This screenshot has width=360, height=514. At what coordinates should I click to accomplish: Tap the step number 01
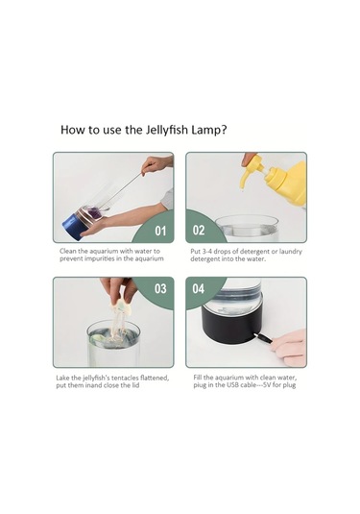coord(160,231)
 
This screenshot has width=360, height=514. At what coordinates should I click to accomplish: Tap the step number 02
coord(199,231)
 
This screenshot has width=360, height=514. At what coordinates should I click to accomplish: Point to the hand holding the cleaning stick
coord(156,164)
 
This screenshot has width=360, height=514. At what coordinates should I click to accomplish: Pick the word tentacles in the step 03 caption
coord(132,378)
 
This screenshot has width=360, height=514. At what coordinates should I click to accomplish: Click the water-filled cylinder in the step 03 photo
coord(112,343)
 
